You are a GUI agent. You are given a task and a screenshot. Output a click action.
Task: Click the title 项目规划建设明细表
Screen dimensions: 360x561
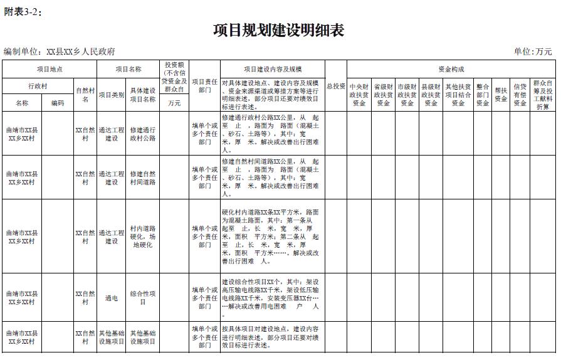[x=279, y=31]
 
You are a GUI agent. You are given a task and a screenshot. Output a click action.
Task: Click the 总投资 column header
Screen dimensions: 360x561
[x=335, y=86]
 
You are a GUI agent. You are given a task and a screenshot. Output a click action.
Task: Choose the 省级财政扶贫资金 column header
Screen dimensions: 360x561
[x=383, y=95]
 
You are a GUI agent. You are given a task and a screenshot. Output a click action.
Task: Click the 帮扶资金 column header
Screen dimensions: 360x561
[x=500, y=95]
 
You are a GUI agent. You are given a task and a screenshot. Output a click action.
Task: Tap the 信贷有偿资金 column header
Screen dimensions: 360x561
[x=520, y=95]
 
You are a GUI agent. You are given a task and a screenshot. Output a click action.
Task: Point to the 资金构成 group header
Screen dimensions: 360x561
[x=451, y=69]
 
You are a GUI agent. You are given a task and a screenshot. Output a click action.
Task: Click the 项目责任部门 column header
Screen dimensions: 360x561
[x=204, y=86]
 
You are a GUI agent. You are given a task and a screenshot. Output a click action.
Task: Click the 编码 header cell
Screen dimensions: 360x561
[x=58, y=103]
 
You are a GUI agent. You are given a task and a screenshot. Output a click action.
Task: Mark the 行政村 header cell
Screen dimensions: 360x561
[x=38, y=86]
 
